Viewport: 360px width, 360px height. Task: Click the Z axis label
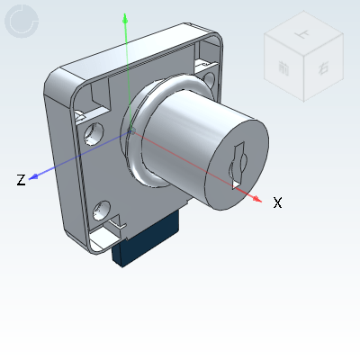[x=20, y=180]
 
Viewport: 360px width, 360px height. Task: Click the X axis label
[x=277, y=203]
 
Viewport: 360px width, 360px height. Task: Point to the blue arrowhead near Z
[x=33, y=177]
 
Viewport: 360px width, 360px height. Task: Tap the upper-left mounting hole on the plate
[x=94, y=135]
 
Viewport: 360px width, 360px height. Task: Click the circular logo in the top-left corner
[x=23, y=23]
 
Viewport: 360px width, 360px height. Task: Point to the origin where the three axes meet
[x=132, y=132]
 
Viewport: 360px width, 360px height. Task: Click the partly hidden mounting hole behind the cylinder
[x=209, y=83]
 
